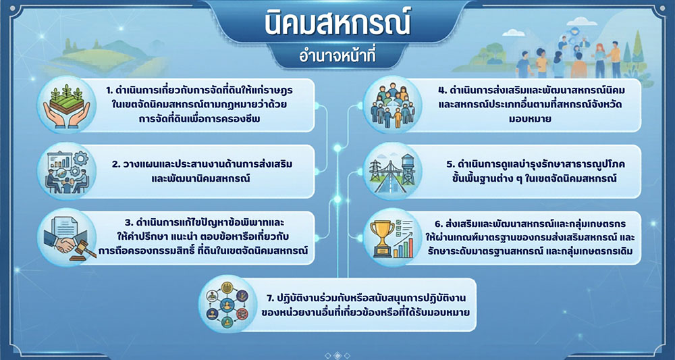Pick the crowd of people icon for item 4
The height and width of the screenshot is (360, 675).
(390, 105)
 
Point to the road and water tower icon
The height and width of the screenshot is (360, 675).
(390, 172)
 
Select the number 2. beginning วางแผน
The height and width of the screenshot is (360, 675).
(116, 164)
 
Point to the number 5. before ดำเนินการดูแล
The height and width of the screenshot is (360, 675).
(450, 164)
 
